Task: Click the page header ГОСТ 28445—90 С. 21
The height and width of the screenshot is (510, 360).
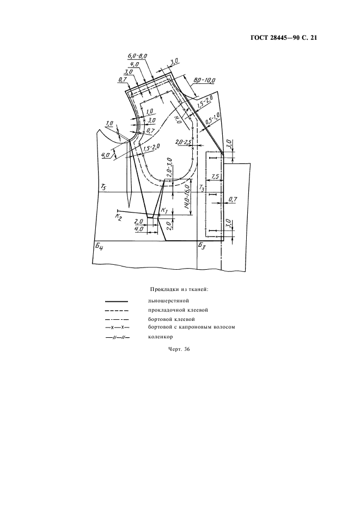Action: (283, 38)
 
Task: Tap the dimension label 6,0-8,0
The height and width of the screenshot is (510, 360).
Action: (137, 56)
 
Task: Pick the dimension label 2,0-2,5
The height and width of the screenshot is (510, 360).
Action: (183, 142)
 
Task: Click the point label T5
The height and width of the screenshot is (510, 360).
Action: (103, 187)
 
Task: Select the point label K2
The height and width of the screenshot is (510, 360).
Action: (118, 217)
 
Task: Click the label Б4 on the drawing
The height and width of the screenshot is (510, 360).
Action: (99, 246)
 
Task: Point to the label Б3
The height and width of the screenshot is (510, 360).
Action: (202, 246)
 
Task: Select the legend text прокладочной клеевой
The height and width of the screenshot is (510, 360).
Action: (178, 309)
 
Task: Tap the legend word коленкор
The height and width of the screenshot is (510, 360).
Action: (160, 337)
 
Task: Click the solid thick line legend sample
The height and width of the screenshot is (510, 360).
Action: (117, 301)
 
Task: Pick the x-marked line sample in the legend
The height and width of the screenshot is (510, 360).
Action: (117, 327)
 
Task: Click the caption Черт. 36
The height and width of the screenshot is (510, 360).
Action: (179, 349)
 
